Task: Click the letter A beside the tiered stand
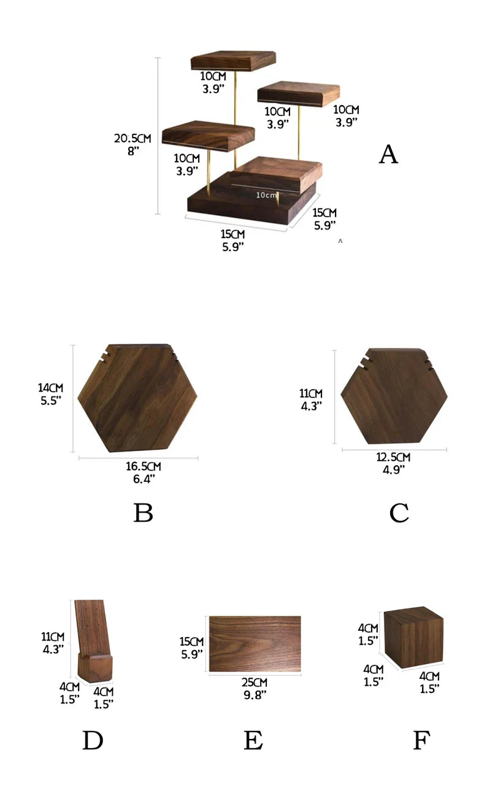click(x=388, y=155)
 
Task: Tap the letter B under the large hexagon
click(x=143, y=513)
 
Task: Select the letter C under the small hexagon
click(x=399, y=513)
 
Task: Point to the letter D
click(x=93, y=741)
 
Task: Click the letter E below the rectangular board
click(x=253, y=741)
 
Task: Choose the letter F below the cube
click(x=420, y=741)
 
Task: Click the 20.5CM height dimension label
click(x=132, y=139)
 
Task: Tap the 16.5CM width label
click(x=144, y=467)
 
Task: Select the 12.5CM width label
click(x=393, y=457)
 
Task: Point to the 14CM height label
click(x=50, y=388)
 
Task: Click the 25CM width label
click(x=255, y=682)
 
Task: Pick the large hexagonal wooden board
click(x=137, y=398)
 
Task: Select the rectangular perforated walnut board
click(x=255, y=644)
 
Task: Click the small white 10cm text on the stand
click(x=267, y=195)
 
